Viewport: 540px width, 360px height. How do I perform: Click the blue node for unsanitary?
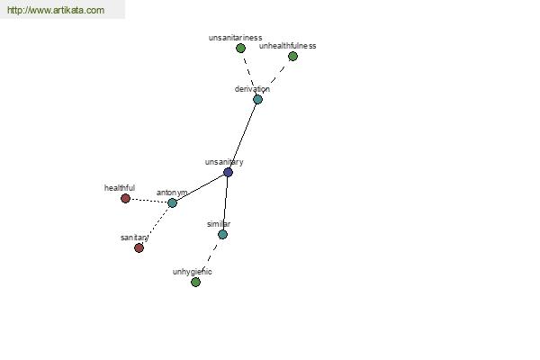pos(228,172)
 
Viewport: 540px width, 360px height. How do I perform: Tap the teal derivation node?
pos(257,100)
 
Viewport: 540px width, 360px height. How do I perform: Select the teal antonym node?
pos(172,202)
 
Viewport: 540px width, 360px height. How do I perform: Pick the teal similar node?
pos(223,235)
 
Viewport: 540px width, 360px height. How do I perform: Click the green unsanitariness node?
pos(240,48)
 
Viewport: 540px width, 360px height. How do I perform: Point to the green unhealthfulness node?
pos(292,56)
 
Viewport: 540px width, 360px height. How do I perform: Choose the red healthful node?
pos(125,198)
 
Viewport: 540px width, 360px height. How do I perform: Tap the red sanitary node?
pos(139,247)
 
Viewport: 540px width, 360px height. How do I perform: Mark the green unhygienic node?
pos(195,282)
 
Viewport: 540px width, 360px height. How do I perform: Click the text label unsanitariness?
pos(235,38)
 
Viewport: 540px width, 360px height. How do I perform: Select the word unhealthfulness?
pos(288,46)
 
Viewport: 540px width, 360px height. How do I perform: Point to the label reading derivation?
pos(252,89)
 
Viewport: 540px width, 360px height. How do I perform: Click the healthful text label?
pos(120,188)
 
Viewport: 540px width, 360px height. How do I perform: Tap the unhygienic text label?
pos(193,272)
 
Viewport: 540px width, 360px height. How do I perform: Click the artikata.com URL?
pos(56,10)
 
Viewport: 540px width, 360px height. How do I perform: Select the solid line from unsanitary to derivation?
pos(243,136)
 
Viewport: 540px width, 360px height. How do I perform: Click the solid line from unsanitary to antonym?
pos(200,187)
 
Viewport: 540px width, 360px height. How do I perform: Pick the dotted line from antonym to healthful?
pos(148,201)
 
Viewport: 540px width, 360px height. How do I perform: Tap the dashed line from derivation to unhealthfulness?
pos(275,78)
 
